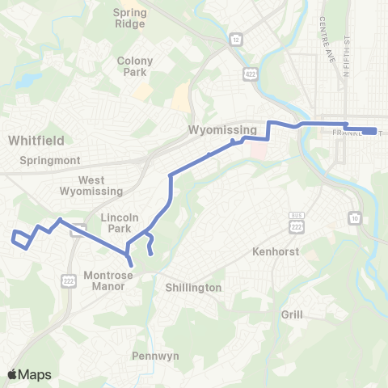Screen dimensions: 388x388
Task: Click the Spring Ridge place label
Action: pyautogui.click(x=129, y=18)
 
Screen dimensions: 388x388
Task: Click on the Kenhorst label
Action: pyautogui.click(x=275, y=251)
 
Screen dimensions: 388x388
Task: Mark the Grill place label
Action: pyautogui.click(x=292, y=314)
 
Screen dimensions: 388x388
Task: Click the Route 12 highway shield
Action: pyautogui.click(x=235, y=38)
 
